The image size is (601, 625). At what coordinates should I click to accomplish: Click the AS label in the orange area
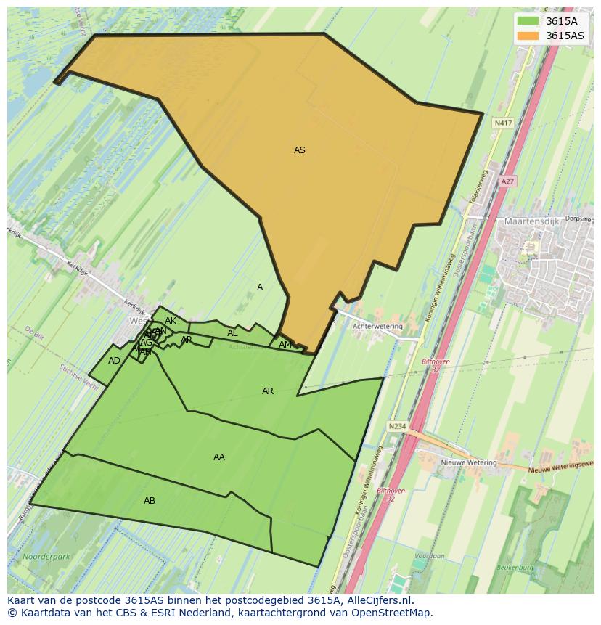[299, 150]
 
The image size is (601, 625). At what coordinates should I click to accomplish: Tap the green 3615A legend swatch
[528, 20]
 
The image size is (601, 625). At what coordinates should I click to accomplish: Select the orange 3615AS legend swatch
[528, 36]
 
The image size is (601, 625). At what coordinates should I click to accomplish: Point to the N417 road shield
[502, 123]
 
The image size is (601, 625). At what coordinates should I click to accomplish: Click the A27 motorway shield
[507, 181]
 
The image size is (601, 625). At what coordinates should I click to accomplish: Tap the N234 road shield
[396, 427]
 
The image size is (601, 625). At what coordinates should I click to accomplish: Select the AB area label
[150, 501]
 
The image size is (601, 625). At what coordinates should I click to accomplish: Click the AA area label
[218, 457]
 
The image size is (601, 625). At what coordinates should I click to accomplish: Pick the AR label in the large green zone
[268, 391]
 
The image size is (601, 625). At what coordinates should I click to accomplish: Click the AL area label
[232, 333]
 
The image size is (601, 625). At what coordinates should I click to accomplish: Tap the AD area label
[114, 361]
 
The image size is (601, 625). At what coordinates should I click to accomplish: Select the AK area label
[171, 321]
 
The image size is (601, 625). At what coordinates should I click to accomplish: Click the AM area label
[285, 345]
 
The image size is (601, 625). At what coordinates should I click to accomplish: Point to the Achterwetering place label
[377, 327]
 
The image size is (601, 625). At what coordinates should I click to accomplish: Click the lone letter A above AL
[260, 287]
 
